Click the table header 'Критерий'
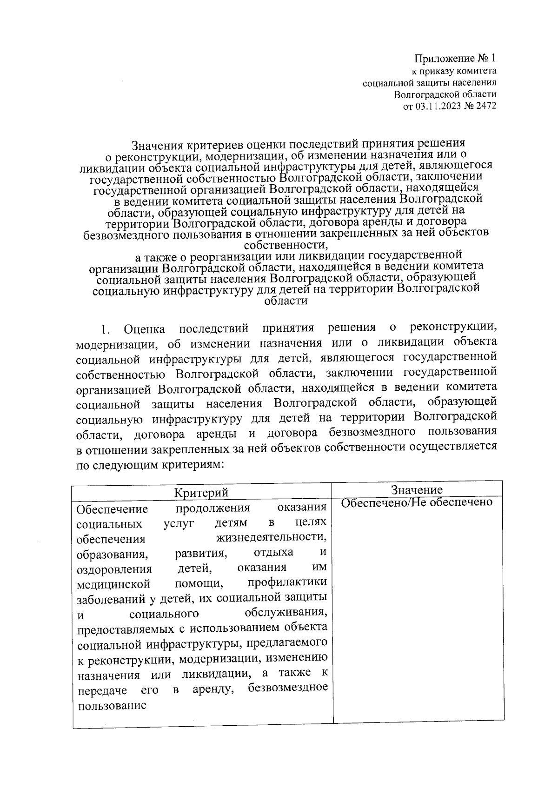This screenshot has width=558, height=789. point(201,492)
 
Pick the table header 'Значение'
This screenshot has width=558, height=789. point(417,489)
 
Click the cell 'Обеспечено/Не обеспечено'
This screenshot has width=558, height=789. point(417,502)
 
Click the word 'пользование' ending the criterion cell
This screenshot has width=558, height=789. point(112,705)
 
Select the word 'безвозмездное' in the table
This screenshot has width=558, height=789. point(288,688)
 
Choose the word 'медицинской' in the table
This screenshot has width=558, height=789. point(113,584)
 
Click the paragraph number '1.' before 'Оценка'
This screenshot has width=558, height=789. point(105,330)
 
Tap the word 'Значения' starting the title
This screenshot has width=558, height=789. point(155,145)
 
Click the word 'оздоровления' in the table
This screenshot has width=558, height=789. point(114,569)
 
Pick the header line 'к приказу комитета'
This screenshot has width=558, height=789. point(454,71)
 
